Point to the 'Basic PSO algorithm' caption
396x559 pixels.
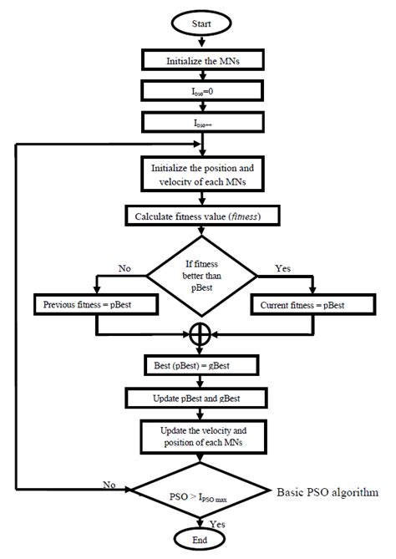(327, 492)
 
